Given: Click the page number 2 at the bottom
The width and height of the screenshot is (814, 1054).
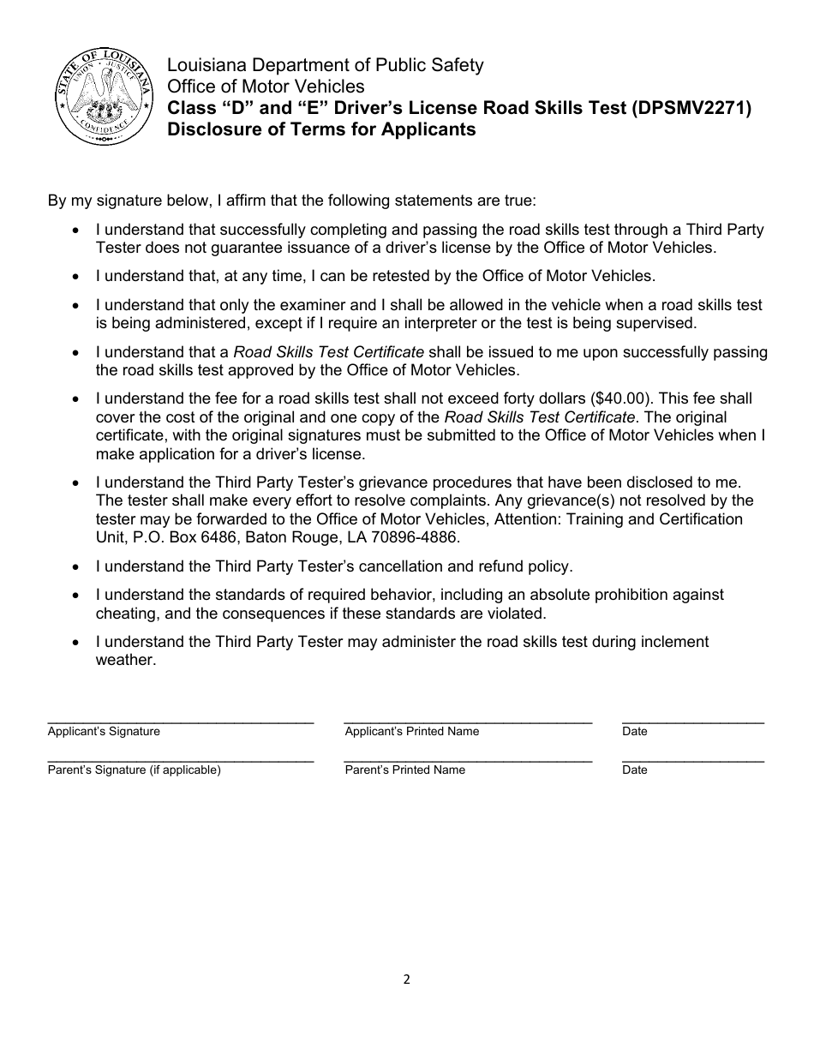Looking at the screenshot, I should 407,979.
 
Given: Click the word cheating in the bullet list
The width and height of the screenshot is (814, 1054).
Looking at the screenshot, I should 125,614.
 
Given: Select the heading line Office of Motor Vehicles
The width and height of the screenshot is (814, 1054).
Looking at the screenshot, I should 266,87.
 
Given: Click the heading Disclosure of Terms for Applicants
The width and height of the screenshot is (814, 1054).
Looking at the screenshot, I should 321,130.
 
